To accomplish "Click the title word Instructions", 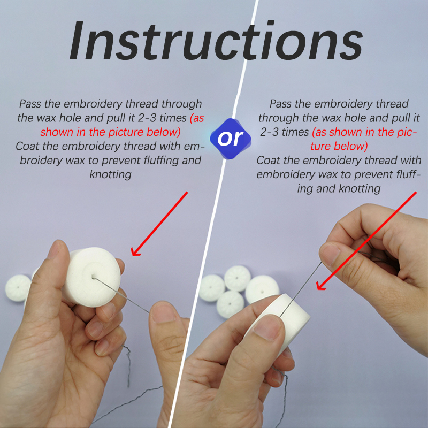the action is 216,40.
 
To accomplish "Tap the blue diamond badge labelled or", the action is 231,139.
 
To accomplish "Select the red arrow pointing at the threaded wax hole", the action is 159,224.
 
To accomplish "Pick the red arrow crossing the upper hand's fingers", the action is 366,241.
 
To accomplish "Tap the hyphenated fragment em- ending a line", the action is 195,146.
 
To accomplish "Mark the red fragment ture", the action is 322,146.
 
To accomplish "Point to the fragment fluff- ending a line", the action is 408,174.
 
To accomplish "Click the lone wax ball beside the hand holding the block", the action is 18,288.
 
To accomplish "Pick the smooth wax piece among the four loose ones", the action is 262,289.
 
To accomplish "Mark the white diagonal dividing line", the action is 213,214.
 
